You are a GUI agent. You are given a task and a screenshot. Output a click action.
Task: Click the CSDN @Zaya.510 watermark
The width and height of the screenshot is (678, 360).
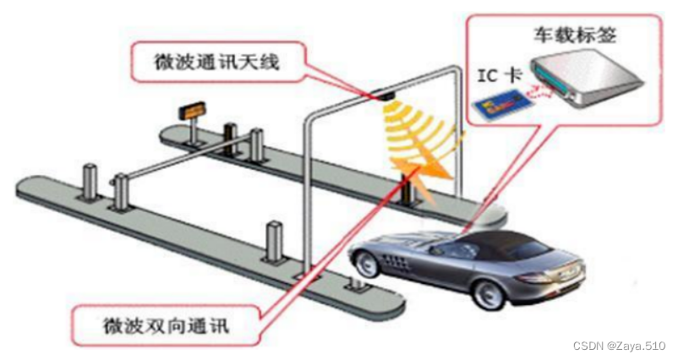tap(620, 346)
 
